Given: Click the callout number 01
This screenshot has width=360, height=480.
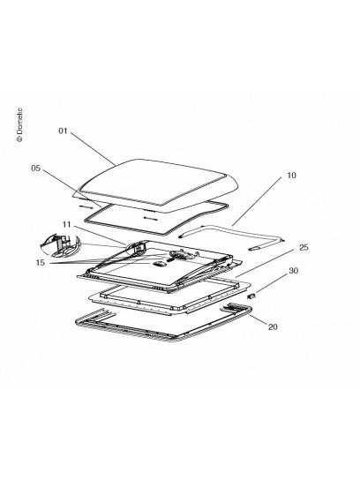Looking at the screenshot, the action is click(63, 131).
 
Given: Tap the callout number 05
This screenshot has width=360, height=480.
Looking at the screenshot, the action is click(36, 168).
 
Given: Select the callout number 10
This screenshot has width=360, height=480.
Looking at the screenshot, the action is click(291, 176).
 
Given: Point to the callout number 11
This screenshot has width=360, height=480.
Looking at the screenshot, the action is click(66, 224).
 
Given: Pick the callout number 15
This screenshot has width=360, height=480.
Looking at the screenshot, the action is click(40, 262).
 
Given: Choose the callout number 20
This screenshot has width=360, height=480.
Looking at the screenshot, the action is click(273, 327).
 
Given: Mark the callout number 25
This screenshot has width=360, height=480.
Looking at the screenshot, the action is click(304, 247).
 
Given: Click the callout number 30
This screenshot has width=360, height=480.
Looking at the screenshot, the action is click(293, 271).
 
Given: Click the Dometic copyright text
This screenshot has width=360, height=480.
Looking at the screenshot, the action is click(19, 124).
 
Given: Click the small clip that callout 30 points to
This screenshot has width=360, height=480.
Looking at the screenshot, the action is click(251, 296).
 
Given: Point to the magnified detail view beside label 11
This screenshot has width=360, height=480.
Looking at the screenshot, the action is click(60, 245).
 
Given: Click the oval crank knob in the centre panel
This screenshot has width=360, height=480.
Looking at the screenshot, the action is click(158, 264).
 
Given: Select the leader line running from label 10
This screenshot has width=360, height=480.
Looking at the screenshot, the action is click(257, 201).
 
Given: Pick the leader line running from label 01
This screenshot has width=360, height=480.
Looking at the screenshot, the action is click(93, 149).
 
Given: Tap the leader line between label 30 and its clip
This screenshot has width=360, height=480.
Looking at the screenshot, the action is click(271, 284).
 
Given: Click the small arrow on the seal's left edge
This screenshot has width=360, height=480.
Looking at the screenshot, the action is click(86, 207).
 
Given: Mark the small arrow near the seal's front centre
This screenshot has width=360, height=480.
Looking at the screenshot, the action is click(151, 218).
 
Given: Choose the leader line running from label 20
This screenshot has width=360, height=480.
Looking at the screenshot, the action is click(258, 319).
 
